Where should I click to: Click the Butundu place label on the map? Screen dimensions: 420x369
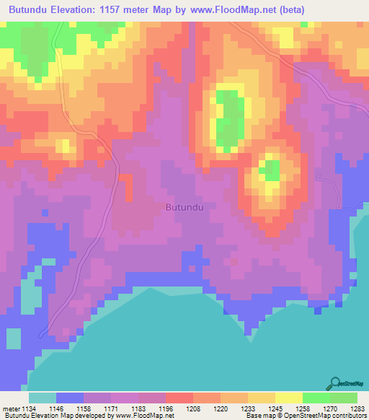[x=185, y=207]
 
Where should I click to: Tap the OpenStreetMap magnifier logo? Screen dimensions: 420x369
[x=335, y=382]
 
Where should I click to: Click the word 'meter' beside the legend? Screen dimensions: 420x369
[x=12, y=408]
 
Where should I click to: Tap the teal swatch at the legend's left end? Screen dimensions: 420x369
[x=42, y=397]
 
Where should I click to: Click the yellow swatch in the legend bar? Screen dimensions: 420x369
[x=288, y=397]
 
